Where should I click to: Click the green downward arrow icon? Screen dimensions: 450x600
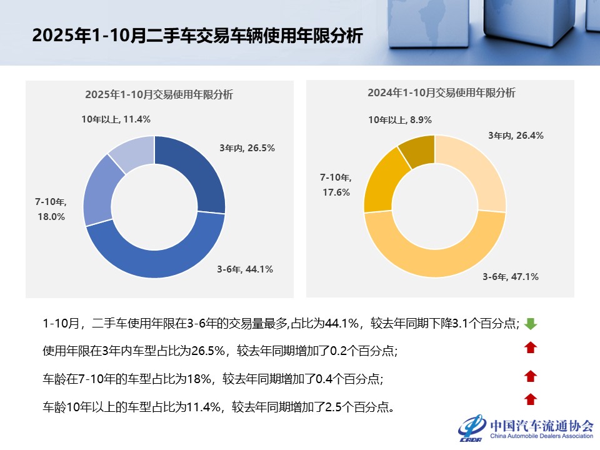click(531, 324)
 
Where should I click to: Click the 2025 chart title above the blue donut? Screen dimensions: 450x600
click(159, 95)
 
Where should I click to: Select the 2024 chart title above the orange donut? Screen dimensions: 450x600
click(441, 93)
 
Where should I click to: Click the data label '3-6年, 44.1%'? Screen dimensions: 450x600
click(245, 269)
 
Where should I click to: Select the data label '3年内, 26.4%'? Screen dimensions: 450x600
click(516, 135)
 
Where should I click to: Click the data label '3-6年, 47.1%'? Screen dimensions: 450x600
click(510, 276)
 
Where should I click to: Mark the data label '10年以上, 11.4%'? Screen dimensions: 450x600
click(116, 119)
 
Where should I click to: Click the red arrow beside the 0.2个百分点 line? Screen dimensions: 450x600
click(531, 348)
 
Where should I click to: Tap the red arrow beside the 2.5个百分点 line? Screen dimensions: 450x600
click(531, 399)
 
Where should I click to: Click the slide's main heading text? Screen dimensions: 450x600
click(197, 35)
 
